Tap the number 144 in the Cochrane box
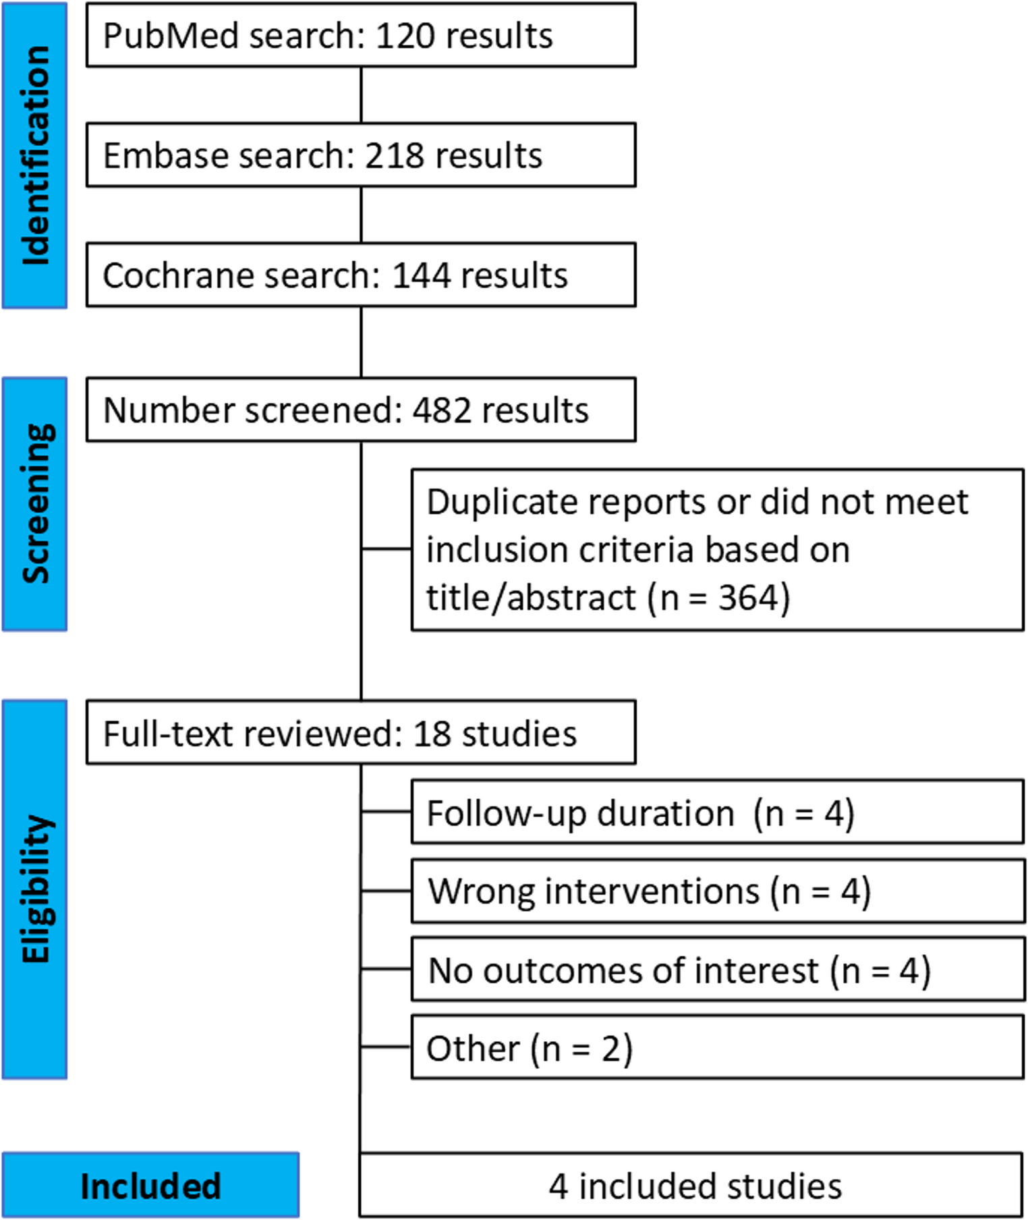[421, 276]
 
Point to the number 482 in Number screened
[441, 410]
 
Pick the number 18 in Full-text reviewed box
[431, 733]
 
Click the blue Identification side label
[35, 155]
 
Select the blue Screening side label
[35, 503]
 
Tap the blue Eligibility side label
[35, 888]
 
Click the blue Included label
[150, 1186]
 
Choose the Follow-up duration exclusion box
[717, 812]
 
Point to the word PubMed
[171, 36]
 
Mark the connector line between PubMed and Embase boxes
[361, 94]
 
